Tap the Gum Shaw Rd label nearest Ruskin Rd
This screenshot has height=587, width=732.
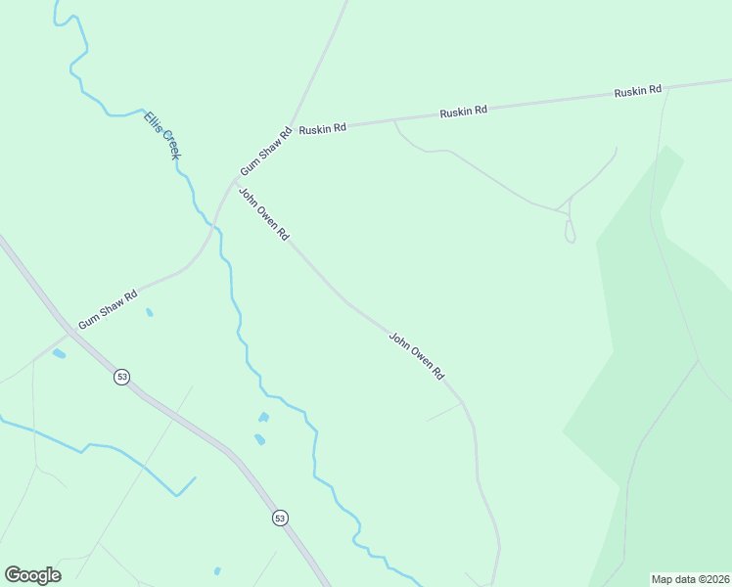pos(266,151)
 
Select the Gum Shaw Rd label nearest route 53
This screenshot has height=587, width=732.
pos(108,307)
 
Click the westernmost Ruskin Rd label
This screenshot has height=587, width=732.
pos(323,128)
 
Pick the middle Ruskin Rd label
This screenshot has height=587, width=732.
pos(463,112)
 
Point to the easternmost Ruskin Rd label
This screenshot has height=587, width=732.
pos(638,91)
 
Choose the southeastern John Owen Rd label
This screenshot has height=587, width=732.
pos(417,356)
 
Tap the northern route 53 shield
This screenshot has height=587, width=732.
pos(121,377)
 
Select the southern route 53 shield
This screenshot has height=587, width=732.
pos(281,518)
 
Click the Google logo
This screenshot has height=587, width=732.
pos(32,575)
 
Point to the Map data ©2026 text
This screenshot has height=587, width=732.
pos(690,579)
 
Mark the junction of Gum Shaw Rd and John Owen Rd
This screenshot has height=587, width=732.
pos(233,181)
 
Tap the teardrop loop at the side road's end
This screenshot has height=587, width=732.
pos(570,231)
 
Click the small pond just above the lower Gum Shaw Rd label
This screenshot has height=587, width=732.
pos(149,313)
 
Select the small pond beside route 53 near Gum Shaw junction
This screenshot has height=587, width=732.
pos(59,353)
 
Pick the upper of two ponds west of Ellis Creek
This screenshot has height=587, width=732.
pos(263,418)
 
